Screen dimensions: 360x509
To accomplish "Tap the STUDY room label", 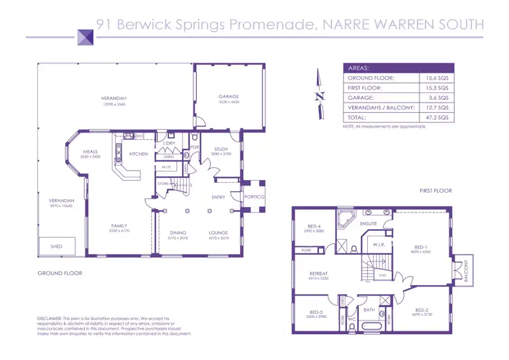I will click(220, 149).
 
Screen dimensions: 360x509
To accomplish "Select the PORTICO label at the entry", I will click(254, 196).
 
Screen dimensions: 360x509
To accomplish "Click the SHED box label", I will click(57, 247).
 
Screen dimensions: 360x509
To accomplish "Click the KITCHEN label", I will click(138, 154).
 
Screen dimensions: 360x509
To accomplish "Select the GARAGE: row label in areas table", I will click(360, 98).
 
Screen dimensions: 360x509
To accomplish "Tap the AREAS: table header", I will click(358, 69).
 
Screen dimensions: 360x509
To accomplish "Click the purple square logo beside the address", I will click(85, 35).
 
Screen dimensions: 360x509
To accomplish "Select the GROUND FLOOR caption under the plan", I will click(60, 273).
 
